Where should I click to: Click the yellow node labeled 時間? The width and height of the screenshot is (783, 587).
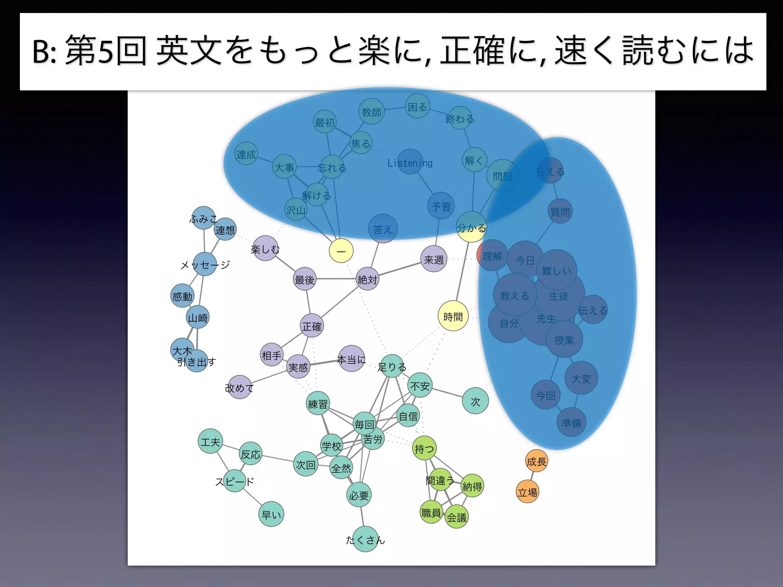(x=453, y=316)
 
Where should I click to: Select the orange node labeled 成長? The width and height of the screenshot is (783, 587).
(x=536, y=461)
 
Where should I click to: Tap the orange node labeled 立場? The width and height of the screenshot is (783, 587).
(x=527, y=492)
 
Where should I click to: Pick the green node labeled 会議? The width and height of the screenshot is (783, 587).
(x=457, y=517)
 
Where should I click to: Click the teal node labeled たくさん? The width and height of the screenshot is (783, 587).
(x=366, y=539)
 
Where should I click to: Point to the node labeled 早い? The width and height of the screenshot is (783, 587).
(x=271, y=514)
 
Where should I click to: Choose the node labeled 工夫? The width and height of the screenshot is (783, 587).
(x=210, y=441)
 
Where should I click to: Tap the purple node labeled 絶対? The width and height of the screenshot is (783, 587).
(x=367, y=279)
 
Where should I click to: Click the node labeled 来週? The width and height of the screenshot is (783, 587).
(x=434, y=259)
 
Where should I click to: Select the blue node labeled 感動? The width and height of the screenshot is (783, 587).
(x=182, y=296)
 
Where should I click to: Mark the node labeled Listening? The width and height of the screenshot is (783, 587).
(x=410, y=162)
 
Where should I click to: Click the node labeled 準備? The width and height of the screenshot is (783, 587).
(x=571, y=422)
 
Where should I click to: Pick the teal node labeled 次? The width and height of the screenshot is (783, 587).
(x=475, y=401)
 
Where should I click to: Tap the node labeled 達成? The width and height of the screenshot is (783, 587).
(x=246, y=154)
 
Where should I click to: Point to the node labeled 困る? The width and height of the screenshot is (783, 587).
(x=417, y=106)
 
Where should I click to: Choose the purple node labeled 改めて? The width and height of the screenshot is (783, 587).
(x=239, y=387)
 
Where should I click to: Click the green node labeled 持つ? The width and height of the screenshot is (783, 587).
(x=424, y=448)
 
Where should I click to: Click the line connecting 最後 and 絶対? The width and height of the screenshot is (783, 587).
(x=336, y=279)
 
